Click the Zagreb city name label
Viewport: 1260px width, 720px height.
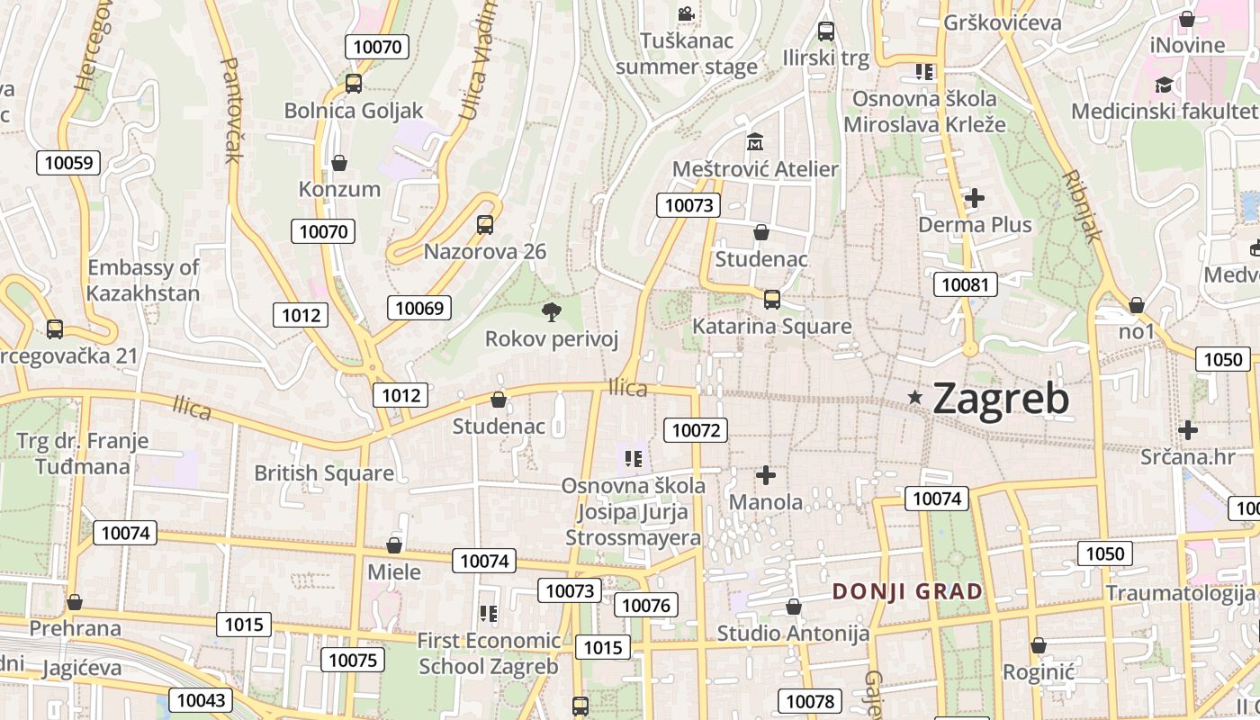coord(1001,398)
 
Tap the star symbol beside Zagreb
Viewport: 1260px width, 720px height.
coord(915,397)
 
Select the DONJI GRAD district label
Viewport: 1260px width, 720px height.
coord(907,591)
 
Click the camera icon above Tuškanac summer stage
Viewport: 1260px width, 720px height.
coord(686,14)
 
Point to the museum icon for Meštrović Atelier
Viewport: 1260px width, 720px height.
coord(754,142)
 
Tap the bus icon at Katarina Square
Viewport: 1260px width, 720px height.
coord(771,300)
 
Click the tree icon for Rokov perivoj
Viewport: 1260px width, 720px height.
coord(552,312)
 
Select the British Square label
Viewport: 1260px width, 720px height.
coord(324,473)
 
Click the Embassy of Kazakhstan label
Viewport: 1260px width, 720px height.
coord(143,280)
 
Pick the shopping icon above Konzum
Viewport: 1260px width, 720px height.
coord(339,163)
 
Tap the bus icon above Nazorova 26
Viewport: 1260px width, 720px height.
coord(485,225)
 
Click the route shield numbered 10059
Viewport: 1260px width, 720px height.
coord(68,163)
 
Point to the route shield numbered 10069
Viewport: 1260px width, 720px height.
coord(419,308)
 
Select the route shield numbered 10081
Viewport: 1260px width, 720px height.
coord(966,285)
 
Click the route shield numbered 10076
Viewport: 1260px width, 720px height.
coord(646,605)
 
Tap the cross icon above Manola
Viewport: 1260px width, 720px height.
coord(766,474)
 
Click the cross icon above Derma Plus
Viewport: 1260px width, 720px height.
coord(974,198)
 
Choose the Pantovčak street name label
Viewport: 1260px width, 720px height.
coord(230,110)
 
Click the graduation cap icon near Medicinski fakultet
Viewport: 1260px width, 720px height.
coord(1164,85)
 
